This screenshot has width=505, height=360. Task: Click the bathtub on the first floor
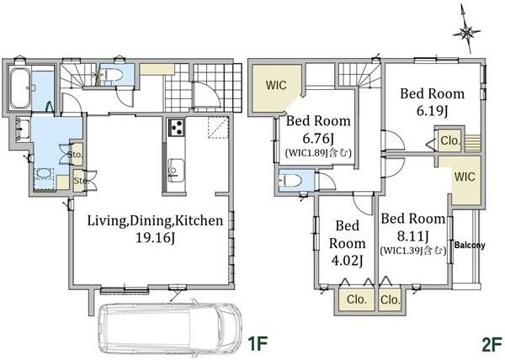[20, 88]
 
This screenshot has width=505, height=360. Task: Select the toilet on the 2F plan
[290, 181]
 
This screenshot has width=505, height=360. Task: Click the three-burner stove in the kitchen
[176, 127]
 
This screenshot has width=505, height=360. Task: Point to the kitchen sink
[176, 170]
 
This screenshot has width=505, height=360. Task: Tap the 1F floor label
[258, 344]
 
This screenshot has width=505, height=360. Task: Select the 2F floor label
[492, 345]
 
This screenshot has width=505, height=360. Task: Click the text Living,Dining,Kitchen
[155, 221]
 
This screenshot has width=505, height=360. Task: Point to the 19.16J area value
[155, 238]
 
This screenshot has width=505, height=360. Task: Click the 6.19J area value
[433, 111]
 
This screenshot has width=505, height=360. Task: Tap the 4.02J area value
[347, 260]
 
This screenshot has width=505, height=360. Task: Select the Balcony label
[470, 245]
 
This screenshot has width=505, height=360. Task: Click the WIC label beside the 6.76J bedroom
[276, 85]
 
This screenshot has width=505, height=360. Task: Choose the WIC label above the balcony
[465, 177]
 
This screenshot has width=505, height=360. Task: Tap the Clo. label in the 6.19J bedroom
[449, 140]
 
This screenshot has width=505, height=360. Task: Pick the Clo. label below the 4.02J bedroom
[357, 299]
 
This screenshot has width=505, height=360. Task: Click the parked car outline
[170, 329]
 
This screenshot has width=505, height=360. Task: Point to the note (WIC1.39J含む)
[413, 251]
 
